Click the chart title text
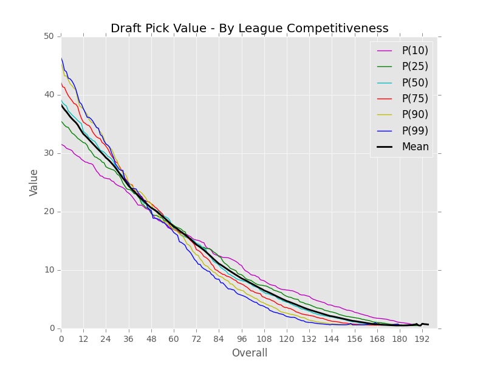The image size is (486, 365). pos(249,28)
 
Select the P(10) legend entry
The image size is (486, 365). pos(414,50)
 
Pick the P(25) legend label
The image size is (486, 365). pos(414,66)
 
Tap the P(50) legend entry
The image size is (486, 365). pos(414,82)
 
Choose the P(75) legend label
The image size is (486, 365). pos(414,99)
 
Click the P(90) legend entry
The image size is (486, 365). pos(414,114)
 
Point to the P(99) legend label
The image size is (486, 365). pos(414,130)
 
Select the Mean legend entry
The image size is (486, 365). pos(414,147)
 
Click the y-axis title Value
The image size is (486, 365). pos(34,182)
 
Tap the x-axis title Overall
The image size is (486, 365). pos(249,353)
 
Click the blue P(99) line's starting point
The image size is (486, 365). pos(61,58)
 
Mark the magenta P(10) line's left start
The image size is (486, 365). pos(61,144)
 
